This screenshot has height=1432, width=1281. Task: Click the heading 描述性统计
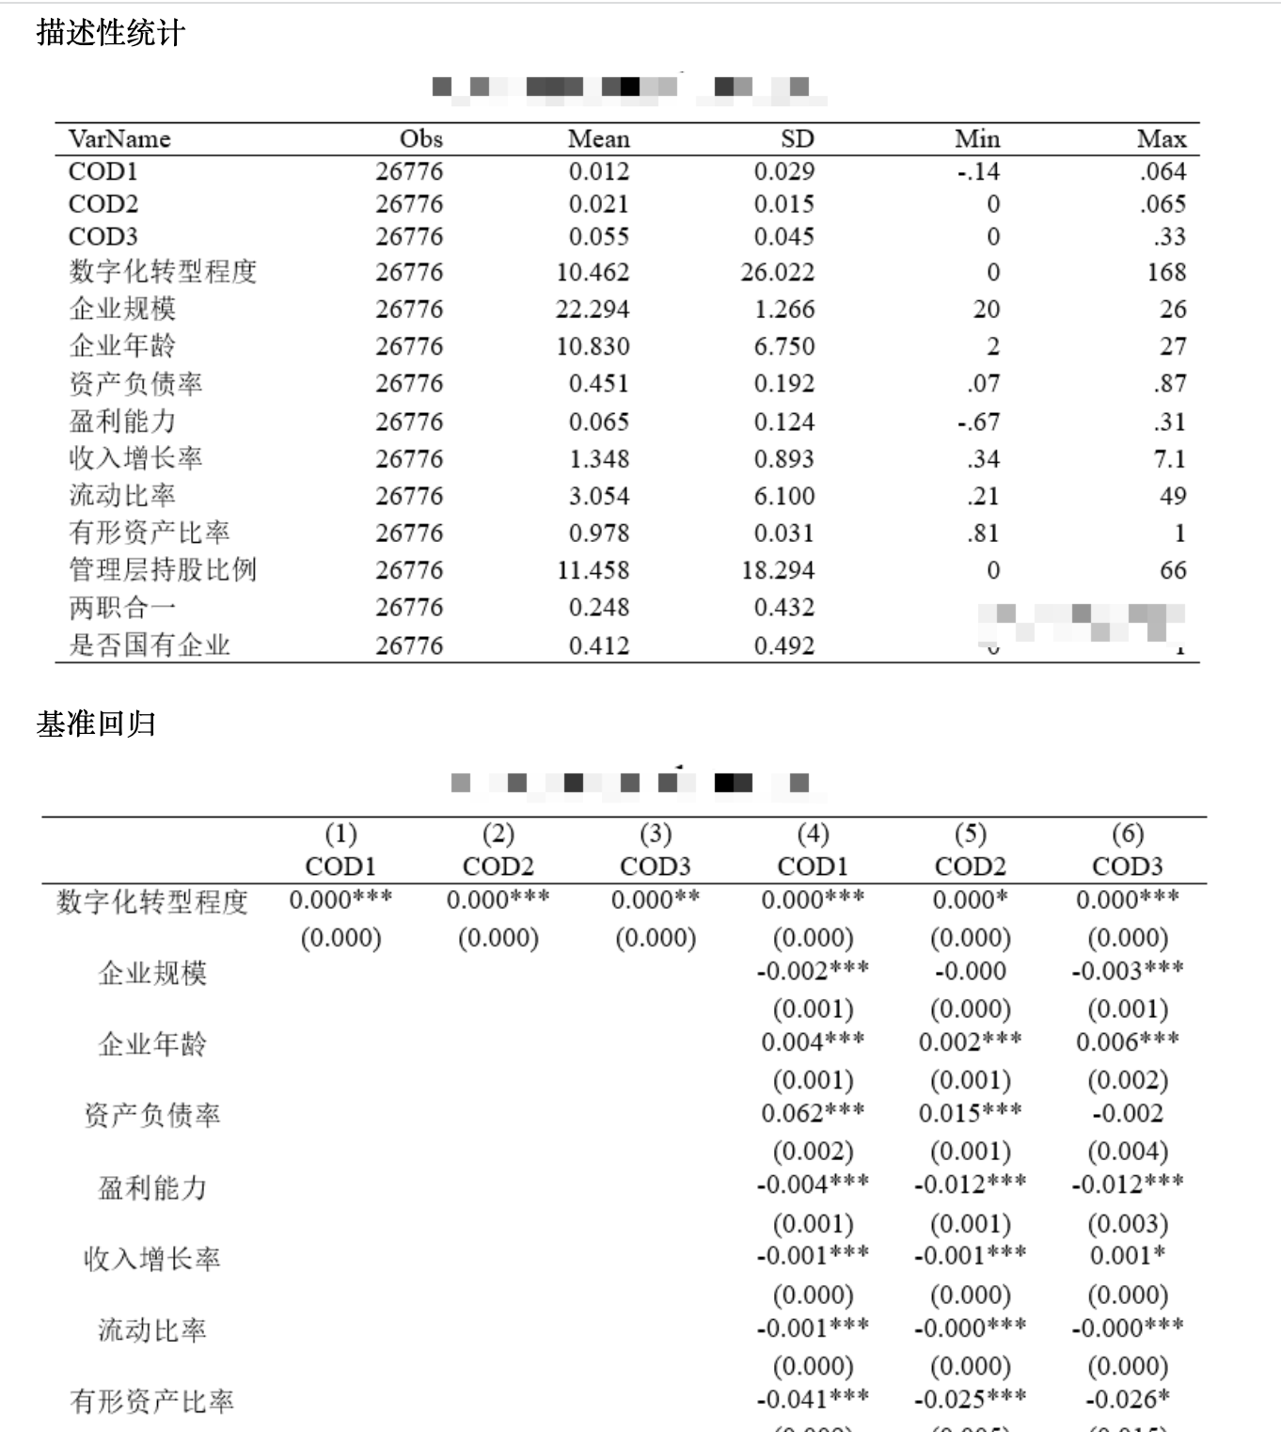(111, 33)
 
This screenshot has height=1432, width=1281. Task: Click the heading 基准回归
(96, 724)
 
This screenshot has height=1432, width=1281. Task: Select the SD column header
(797, 139)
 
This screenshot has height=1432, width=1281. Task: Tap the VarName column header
(119, 139)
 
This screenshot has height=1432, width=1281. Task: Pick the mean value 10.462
(593, 272)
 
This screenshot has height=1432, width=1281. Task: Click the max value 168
(1166, 272)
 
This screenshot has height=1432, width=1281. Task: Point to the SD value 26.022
(777, 272)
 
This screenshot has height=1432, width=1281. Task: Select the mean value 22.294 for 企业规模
(593, 309)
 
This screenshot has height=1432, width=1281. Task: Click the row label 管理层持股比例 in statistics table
(163, 569)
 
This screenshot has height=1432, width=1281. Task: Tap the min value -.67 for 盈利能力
(978, 422)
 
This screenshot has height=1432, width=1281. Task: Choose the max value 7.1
(1170, 458)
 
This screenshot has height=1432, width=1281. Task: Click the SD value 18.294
(778, 569)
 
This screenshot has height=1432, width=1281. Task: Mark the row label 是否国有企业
(150, 644)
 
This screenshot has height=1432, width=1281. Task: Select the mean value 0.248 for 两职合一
(598, 607)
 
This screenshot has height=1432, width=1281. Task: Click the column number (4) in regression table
(813, 834)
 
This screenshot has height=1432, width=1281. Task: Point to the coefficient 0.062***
(813, 1113)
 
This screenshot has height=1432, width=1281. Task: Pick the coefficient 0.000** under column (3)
(656, 899)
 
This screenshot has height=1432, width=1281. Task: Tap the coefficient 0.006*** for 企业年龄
(1127, 1042)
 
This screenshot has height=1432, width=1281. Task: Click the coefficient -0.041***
(813, 1399)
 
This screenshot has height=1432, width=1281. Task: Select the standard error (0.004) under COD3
(1127, 1151)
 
